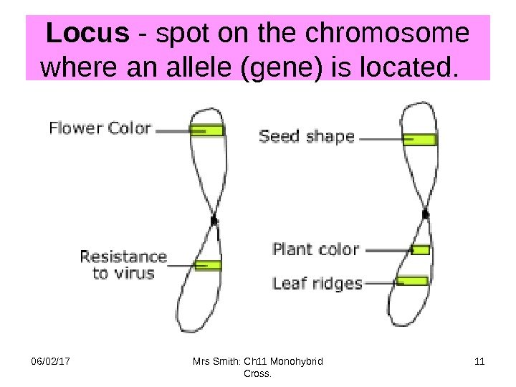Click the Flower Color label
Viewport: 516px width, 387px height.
[x=100, y=129]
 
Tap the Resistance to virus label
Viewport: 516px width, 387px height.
[x=123, y=264]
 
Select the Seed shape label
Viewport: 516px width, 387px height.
[x=306, y=136]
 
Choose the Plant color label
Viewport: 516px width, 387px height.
[x=315, y=249]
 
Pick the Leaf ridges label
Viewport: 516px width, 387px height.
[x=317, y=283]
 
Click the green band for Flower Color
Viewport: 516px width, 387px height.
[x=207, y=130]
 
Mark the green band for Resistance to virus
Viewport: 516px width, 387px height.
[x=208, y=265]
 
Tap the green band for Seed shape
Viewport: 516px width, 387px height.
[x=419, y=139]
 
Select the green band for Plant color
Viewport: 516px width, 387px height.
[x=421, y=249]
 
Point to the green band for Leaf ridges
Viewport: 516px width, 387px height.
[x=413, y=280]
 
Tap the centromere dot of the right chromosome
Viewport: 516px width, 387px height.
[x=426, y=214]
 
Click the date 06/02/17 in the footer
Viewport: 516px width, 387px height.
[x=41, y=361]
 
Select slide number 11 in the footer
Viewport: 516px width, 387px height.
[x=479, y=361]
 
